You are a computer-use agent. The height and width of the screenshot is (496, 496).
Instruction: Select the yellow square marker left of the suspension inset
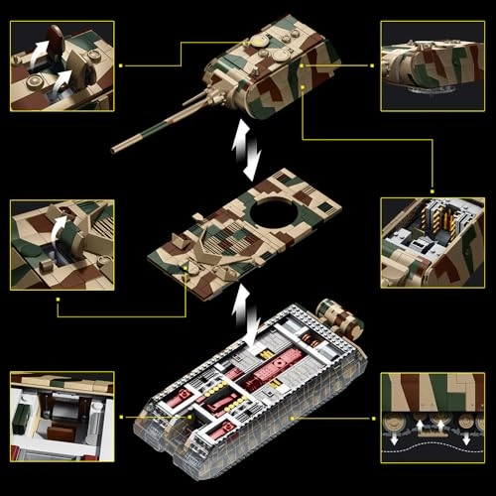pyautogui.click(x=376, y=418)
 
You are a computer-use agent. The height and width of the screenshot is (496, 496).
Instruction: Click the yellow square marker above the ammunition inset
pyautogui.click(x=430, y=187)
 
